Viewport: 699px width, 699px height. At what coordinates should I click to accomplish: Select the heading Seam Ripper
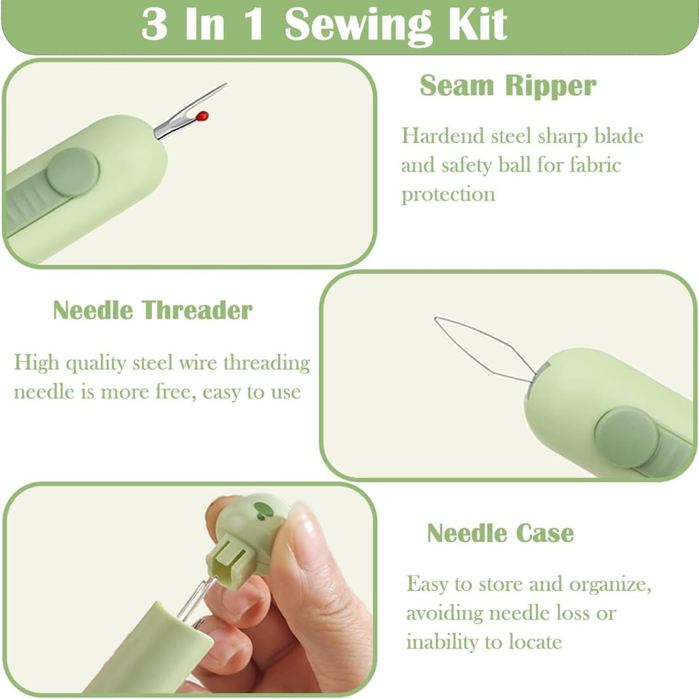[507, 86]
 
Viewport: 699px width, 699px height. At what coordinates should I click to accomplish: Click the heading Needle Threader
[152, 310]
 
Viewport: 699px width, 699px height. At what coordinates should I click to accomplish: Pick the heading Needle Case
[500, 533]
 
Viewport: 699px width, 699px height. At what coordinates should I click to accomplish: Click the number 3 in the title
[155, 24]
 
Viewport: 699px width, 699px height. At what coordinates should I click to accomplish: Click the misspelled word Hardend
[443, 136]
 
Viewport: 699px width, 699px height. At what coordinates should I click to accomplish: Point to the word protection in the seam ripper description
[448, 194]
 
